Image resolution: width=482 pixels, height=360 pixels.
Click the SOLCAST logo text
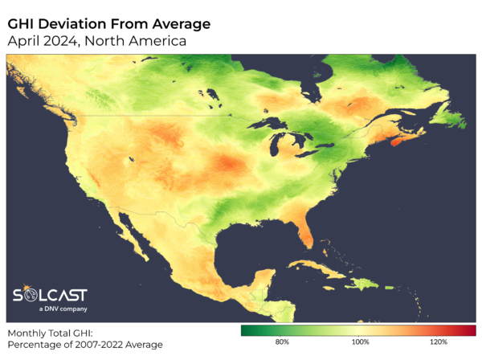click(51, 295)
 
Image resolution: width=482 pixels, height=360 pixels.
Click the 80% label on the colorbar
click(282, 342)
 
